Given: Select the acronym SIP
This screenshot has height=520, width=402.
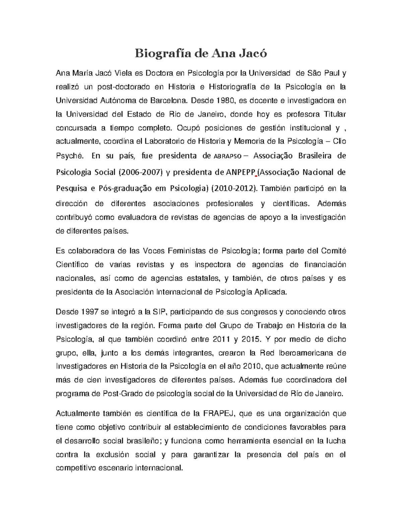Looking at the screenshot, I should click(x=159, y=312).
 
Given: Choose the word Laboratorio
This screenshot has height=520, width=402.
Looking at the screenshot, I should click(x=164, y=142).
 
